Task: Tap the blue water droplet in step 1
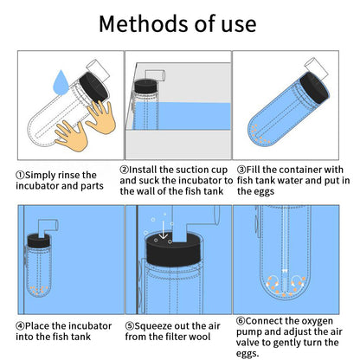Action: [61, 83]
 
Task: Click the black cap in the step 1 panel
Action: [93, 87]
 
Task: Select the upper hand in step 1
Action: [101, 117]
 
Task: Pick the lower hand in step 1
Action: [71, 136]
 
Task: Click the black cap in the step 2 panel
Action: [145, 86]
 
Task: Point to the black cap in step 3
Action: [314, 87]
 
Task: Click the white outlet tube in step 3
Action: [316, 68]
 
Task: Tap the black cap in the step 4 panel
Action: [39, 241]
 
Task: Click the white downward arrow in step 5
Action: [164, 230]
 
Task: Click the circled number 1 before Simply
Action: [20, 176]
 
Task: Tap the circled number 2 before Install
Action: [125, 170]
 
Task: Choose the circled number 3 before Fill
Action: [241, 170]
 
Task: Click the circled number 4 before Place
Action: [20, 326]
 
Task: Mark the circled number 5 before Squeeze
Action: [130, 326]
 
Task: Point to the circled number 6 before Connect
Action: [241, 321]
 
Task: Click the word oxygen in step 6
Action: [317, 321]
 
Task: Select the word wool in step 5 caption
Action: [200, 337]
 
